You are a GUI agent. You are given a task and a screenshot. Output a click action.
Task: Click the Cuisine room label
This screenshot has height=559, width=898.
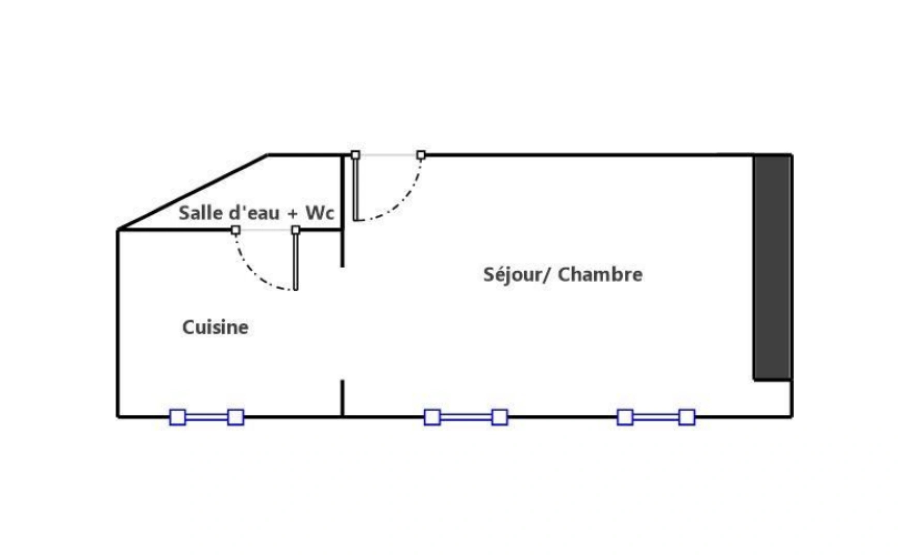point(215,327)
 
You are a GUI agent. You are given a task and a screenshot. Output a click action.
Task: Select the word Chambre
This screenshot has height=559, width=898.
point(600,274)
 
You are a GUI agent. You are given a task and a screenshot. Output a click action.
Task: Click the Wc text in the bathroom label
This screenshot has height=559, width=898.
point(320,213)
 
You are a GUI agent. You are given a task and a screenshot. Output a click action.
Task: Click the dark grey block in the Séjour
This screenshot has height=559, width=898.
point(772,268)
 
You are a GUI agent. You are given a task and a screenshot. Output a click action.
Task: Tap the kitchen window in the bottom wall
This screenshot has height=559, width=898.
point(207,417)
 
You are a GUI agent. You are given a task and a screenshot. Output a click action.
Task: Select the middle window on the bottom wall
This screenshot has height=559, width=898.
point(466,417)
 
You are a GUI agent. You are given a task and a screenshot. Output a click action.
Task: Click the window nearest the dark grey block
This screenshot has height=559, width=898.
point(656,417)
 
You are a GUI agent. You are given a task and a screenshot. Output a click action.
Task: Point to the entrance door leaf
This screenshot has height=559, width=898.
point(356,187)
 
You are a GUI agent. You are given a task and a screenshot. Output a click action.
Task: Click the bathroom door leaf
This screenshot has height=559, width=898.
point(295,260)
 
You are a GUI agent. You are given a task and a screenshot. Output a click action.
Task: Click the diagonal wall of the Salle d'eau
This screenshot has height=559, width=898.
point(192,192)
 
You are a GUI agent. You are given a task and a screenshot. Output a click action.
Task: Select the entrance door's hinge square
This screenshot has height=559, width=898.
point(355,155)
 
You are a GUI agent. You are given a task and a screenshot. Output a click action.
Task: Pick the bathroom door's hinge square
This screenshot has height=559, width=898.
point(295,230)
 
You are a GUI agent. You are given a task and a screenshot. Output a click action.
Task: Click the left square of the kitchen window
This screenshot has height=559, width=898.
point(177,417)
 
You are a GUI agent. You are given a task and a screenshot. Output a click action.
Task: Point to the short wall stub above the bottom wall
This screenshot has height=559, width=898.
point(342,399)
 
